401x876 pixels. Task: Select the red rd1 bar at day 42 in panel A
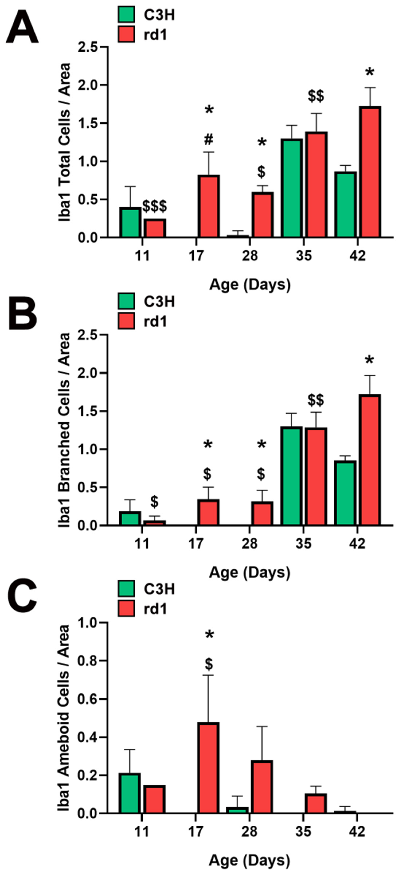point(370,172)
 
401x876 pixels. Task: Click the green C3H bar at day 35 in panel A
point(292,188)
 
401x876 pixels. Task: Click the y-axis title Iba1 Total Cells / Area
point(64,142)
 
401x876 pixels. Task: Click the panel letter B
point(22,315)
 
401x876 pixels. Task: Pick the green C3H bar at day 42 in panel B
point(345,493)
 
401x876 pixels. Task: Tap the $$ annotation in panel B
point(316,400)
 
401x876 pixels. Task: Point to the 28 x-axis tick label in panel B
point(250,544)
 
